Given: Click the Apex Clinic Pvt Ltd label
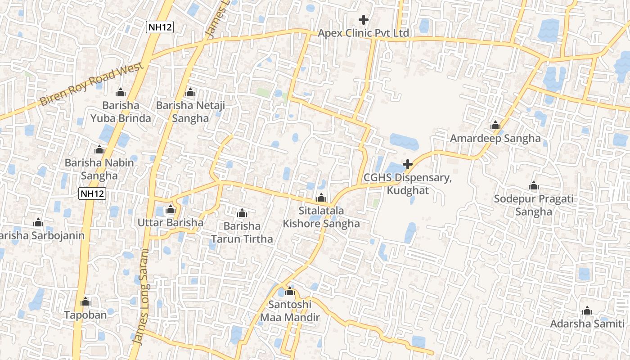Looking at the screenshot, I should click(364, 33).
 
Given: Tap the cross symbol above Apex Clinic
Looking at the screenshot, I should click(364, 20).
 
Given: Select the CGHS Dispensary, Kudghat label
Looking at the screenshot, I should click(408, 184).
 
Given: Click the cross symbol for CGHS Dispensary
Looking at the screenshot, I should click(408, 164).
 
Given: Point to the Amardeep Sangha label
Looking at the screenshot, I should click(495, 138).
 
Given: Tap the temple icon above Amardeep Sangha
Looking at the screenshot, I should click(495, 125).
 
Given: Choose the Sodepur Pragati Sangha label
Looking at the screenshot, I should click(534, 205).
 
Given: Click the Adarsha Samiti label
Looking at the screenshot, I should click(587, 324).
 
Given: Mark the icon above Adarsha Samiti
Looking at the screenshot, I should click(587, 310).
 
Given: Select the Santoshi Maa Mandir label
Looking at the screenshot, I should click(290, 311).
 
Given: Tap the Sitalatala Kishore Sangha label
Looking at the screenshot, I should click(321, 217).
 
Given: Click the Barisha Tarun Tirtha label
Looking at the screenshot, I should click(242, 232).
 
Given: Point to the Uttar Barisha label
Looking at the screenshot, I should click(171, 222).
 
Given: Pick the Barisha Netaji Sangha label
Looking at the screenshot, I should click(190, 112).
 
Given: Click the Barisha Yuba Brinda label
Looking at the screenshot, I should click(121, 112).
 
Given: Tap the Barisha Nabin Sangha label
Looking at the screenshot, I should click(99, 169).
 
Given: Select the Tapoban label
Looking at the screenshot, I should click(85, 315).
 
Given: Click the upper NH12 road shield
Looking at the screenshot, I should click(160, 27).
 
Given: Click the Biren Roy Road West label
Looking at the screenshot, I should click(92, 84).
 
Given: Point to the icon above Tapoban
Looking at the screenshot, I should click(85, 301).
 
